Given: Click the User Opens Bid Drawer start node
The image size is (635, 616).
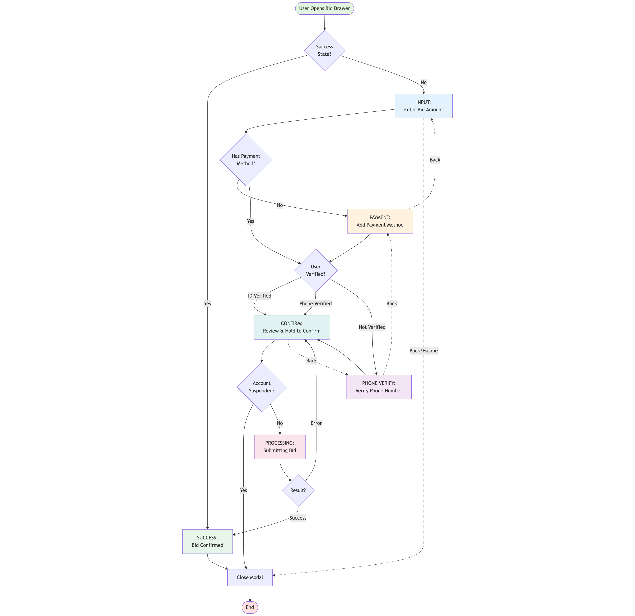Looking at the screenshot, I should [324, 8].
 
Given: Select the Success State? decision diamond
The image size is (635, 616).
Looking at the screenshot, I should [324, 51].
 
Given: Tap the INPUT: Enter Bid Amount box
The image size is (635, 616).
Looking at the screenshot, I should [423, 106].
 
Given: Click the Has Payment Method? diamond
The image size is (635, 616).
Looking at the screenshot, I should [246, 160].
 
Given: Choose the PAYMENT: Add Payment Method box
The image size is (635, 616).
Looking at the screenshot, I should [380, 221].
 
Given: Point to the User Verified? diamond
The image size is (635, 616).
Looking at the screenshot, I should [316, 270].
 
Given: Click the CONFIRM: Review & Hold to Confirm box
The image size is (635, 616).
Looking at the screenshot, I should [292, 327].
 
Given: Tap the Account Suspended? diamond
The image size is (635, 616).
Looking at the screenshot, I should [262, 387].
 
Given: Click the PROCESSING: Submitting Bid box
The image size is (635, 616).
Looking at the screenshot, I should [280, 447].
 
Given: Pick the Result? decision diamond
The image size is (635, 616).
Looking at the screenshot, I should [298, 490].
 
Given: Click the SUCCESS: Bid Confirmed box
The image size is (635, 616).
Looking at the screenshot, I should [207, 541].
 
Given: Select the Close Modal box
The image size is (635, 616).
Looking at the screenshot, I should [250, 577].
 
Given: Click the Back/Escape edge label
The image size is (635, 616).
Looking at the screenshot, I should [423, 351].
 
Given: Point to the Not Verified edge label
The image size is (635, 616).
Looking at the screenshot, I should [372, 327].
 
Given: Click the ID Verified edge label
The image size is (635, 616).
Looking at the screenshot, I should [260, 296].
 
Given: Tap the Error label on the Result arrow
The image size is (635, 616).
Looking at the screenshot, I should [316, 423].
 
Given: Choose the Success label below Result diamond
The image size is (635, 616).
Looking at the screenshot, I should [298, 518].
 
